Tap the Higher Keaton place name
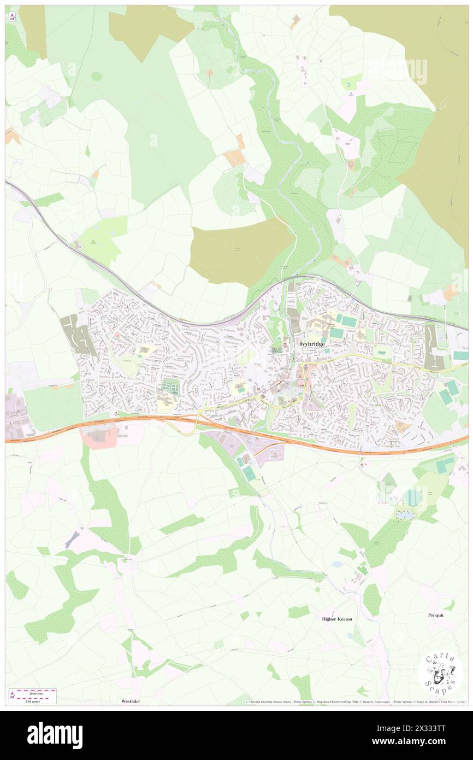pyautogui.click(x=336, y=619)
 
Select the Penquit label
pyautogui.click(x=435, y=615)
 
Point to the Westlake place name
pyautogui.click(x=131, y=701)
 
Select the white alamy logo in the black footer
pyautogui.click(x=55, y=735)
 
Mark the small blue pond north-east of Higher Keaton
pyautogui.click(x=404, y=515)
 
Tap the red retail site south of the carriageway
pyautogui.click(x=98, y=436)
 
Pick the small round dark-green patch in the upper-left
pyautogui.click(x=96, y=76)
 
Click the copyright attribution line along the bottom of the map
pyautogui.click(x=355, y=701)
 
